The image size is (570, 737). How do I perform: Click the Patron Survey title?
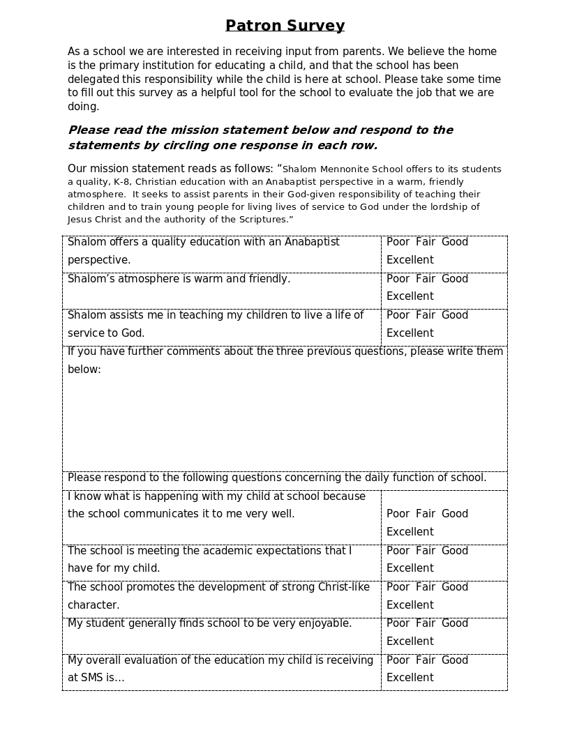tap(285, 26)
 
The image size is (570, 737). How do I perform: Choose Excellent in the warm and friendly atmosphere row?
tap(410, 296)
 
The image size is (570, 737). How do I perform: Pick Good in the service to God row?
tap(455, 315)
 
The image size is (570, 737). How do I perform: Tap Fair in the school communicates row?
tap(426, 514)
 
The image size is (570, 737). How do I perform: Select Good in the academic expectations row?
tap(455, 551)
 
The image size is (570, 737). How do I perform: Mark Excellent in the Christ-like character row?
tap(410, 605)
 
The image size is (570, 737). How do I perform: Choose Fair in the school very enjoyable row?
tap(426, 623)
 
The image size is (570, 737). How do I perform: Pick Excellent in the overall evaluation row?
tap(410, 678)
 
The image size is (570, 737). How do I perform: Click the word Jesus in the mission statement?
tap(80, 220)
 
